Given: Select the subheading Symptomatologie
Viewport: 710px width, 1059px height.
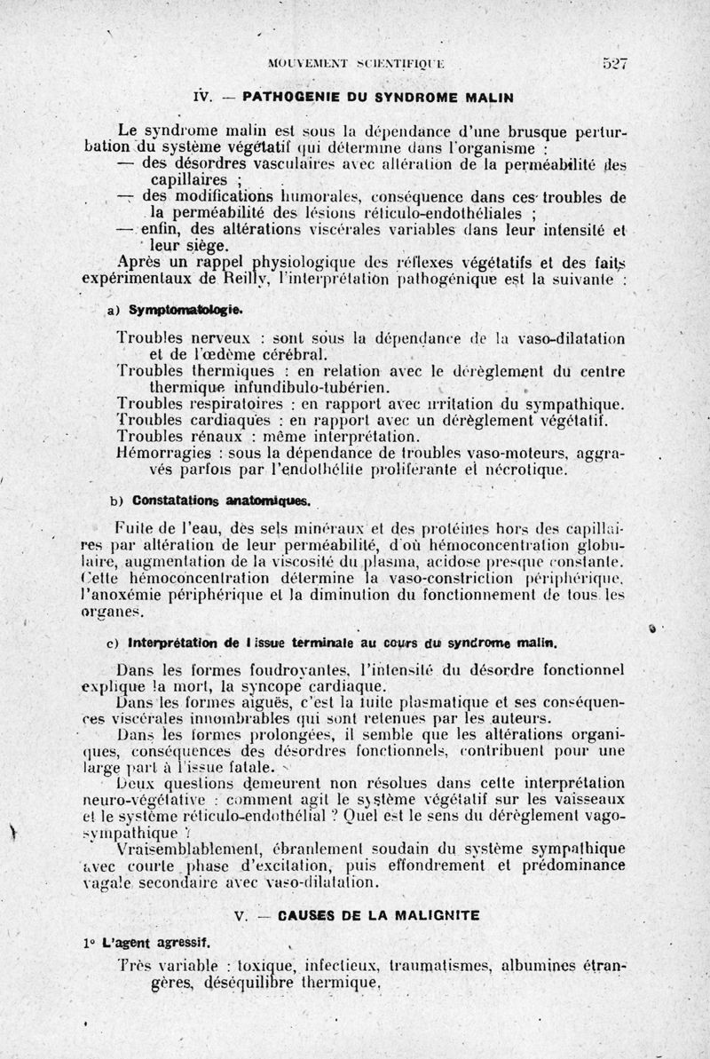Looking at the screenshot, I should coord(185,311).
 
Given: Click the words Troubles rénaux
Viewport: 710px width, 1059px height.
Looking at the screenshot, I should coord(170,436).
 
